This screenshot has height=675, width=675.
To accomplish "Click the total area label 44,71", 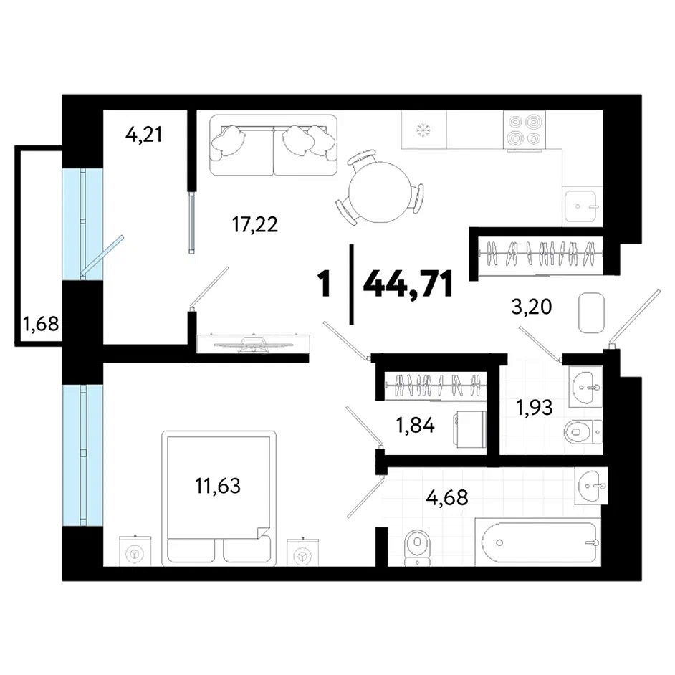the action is pyautogui.click(x=408, y=284).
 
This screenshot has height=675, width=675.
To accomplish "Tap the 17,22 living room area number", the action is pyautogui.click(x=255, y=224).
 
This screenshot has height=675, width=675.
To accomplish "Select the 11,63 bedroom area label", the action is pyautogui.click(x=218, y=486).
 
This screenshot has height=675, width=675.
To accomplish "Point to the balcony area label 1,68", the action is pyautogui.click(x=41, y=323).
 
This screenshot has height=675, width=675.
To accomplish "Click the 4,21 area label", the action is pyautogui.click(x=144, y=135).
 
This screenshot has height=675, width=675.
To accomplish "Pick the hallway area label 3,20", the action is pyautogui.click(x=531, y=307).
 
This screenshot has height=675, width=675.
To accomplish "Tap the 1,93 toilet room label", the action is pyautogui.click(x=535, y=407).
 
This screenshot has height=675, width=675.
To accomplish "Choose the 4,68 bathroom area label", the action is pyautogui.click(x=447, y=497).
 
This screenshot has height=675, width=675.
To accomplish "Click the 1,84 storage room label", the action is pyautogui.click(x=416, y=426).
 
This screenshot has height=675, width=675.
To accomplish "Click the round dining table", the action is pyautogui.click(x=379, y=192).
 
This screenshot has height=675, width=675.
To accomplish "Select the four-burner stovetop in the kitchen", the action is pyautogui.click(x=525, y=130).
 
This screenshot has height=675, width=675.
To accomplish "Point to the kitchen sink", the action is pyautogui.click(x=582, y=206).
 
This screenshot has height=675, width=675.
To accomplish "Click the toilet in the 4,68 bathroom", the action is pyautogui.click(x=418, y=547).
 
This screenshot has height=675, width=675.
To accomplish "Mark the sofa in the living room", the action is pyautogui.click(x=273, y=145).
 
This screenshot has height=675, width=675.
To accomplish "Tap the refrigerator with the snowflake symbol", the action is pyautogui.click(x=424, y=130).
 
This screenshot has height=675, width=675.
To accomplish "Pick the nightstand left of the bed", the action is pyautogui.click(x=135, y=551).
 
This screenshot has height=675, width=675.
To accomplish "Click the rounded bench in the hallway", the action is pyautogui.click(x=591, y=313).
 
